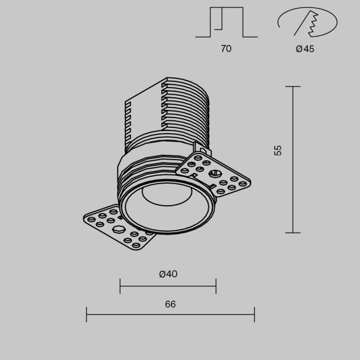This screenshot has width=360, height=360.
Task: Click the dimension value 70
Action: [226, 49]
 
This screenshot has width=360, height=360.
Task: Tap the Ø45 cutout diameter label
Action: [305, 49]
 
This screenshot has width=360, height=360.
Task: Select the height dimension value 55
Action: [278, 151]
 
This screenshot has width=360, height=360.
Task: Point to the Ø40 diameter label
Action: [168, 274]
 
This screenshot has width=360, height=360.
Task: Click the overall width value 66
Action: [170, 304]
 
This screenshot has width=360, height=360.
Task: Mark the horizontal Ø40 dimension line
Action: [168, 286]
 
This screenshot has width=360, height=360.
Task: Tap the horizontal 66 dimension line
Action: [170, 314]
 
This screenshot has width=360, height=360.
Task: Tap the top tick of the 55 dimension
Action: [293, 86]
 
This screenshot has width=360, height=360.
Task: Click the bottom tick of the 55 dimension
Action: [293, 232]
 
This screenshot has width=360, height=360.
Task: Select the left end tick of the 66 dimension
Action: [87, 314]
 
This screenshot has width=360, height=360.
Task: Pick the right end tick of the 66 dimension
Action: [254, 314]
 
